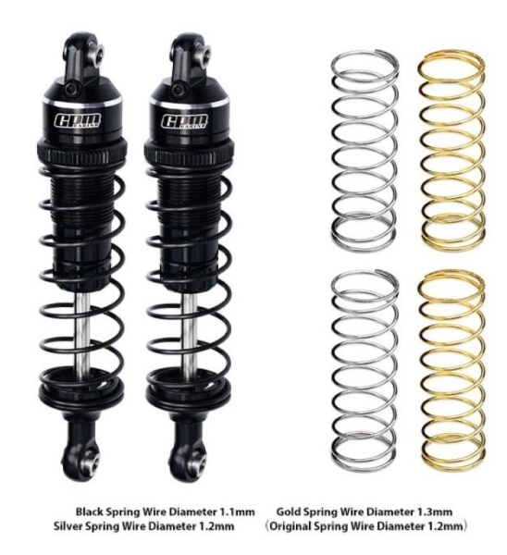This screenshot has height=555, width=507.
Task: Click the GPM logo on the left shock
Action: coord(77,120)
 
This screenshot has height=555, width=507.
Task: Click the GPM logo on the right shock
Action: coord(184,120)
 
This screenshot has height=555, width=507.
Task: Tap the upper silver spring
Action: coord(364,151)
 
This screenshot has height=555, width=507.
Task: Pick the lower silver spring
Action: coord(365,369)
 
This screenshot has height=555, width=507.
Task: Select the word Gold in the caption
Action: coord(289,512)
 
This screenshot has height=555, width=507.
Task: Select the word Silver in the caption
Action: coord(68,526)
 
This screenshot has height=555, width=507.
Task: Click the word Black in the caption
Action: coord(89,512)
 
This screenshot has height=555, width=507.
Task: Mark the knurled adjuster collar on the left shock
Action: coord(82,153)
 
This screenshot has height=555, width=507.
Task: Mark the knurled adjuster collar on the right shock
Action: coord(189,153)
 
